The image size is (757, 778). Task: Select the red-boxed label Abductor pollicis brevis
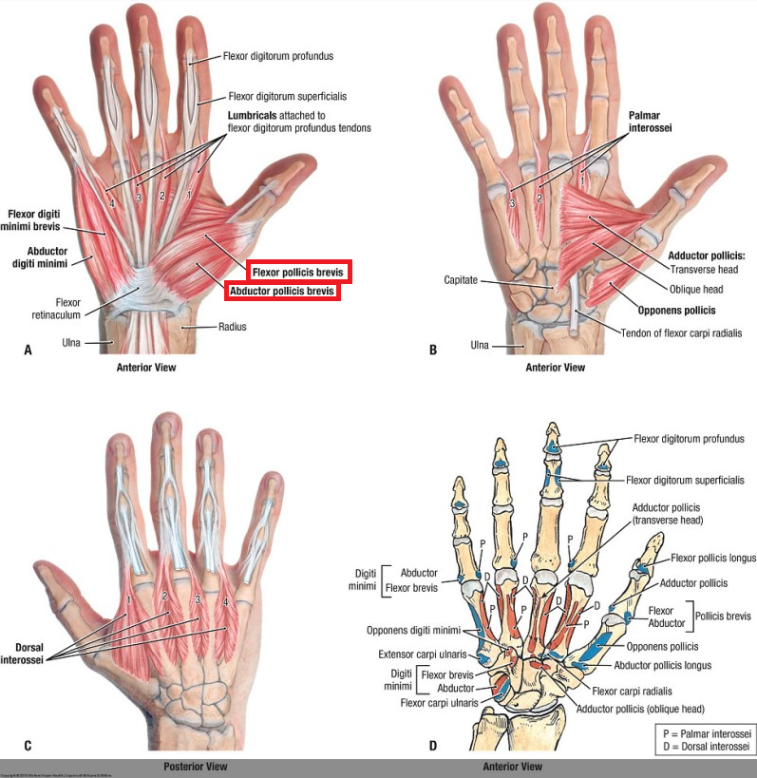pos(281,293)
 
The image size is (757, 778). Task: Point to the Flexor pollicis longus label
pos(713,559)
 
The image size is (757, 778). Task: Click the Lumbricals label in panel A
pos(259,115)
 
